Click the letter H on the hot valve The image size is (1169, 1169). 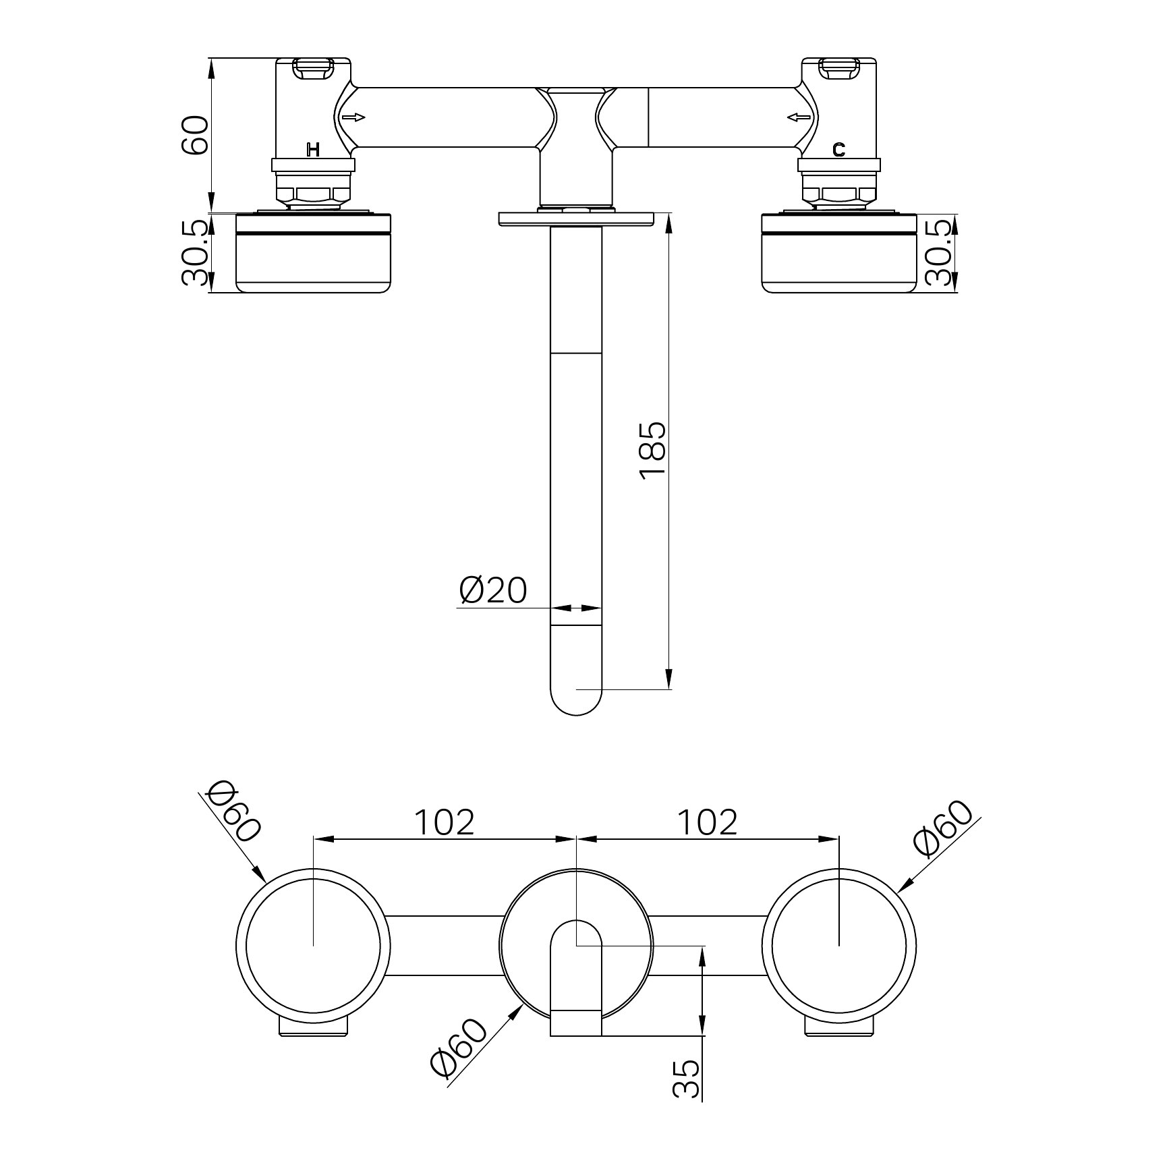313,150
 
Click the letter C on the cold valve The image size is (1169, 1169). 838,150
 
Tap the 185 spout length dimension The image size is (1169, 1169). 653,451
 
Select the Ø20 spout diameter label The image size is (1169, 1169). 493,591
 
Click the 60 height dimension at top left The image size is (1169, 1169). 196,135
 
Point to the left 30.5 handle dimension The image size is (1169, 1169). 196,253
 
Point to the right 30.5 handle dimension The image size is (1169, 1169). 940,252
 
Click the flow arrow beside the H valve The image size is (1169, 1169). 353,118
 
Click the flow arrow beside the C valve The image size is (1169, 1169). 799,118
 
